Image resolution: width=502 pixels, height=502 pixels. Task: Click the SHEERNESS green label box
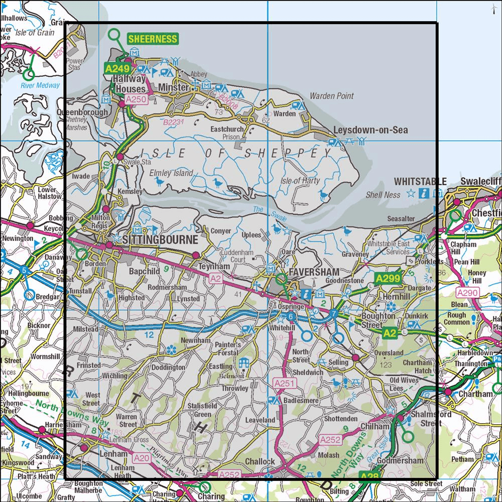click(x=153, y=39)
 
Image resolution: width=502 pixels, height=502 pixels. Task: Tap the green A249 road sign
click(x=115, y=68)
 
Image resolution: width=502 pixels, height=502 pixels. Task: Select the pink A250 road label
click(x=136, y=100)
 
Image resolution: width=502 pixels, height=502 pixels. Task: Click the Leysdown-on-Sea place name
click(x=370, y=131)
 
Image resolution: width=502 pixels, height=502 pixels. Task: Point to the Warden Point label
click(x=331, y=95)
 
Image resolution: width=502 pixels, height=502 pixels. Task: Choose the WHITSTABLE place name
click(x=420, y=181)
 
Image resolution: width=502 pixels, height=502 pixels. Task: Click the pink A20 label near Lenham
click(x=141, y=457)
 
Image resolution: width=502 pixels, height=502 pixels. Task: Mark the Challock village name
click(x=260, y=462)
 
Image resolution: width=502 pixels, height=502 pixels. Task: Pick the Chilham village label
click(x=374, y=426)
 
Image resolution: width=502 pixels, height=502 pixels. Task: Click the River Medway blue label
click(x=40, y=85)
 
